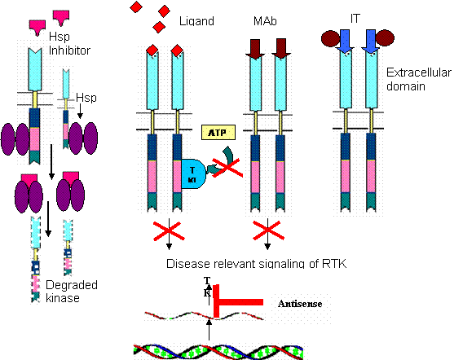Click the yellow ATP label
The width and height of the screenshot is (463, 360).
(x=218, y=133)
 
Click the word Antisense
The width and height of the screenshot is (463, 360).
(x=300, y=304)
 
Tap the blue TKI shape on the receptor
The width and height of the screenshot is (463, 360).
(x=193, y=173)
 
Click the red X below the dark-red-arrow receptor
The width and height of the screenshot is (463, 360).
(x=267, y=230)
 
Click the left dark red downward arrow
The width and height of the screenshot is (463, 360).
(x=256, y=48)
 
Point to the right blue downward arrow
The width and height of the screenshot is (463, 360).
(x=371, y=42)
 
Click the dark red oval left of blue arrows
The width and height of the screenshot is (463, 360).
(x=331, y=38)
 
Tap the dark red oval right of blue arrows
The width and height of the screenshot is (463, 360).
(x=385, y=38)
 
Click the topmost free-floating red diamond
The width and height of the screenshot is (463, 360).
(x=136, y=7)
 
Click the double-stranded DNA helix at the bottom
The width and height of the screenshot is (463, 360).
(x=220, y=351)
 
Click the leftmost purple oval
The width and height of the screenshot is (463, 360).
(x=9, y=138)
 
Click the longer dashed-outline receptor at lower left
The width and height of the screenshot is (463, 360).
(x=36, y=260)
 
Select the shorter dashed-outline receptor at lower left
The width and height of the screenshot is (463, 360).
(x=67, y=248)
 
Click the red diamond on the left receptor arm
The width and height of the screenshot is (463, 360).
(x=152, y=51)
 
